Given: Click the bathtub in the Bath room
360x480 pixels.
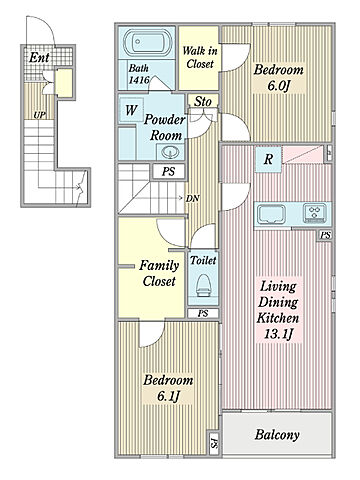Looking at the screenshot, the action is [x=147, y=43].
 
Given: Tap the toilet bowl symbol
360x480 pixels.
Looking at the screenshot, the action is [x=203, y=285].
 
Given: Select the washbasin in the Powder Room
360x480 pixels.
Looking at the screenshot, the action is [x=170, y=152].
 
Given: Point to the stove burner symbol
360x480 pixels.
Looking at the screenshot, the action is [x=315, y=213].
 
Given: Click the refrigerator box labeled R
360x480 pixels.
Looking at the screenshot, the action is [x=268, y=160].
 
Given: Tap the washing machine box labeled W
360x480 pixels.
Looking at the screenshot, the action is [x=131, y=110].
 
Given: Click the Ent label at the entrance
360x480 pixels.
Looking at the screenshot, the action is [x=39, y=58].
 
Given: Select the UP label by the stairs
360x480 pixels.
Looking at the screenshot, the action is [x=39, y=115].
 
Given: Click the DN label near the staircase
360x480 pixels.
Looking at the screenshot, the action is [x=193, y=199].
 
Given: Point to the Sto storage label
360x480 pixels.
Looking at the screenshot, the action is [x=203, y=101].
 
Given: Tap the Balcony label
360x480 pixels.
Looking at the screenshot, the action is [x=277, y=435].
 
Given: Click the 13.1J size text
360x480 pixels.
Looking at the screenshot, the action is [x=278, y=334].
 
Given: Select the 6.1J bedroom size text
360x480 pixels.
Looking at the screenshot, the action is [x=168, y=396].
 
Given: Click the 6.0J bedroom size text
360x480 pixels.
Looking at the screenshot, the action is [x=279, y=86].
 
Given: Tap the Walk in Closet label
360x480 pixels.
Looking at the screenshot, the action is [x=200, y=57].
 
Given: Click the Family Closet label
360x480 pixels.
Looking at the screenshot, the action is [x=159, y=273].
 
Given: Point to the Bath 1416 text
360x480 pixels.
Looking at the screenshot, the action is [x=139, y=74].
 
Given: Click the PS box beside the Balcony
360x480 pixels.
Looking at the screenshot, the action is [x=214, y=444].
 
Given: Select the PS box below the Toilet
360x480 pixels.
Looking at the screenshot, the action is [x=203, y=314].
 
